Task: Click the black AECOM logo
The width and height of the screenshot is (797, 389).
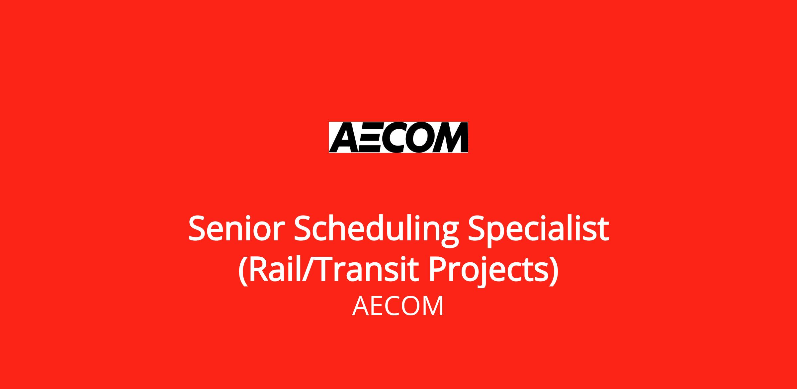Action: [x=398, y=137]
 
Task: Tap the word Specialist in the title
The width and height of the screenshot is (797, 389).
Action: [x=538, y=231]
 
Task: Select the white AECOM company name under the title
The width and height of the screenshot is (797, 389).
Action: [x=398, y=306]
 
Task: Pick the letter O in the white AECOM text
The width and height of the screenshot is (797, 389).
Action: [x=411, y=306]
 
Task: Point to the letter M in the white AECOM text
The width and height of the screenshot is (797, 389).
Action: [x=434, y=306]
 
